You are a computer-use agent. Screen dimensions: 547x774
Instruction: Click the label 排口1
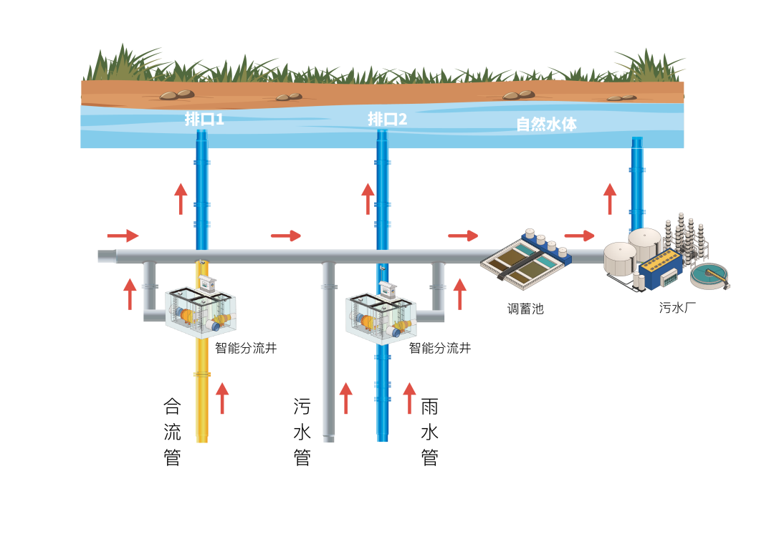204,119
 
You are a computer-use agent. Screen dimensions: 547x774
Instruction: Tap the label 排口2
387,119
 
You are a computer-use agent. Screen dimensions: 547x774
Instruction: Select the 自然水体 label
546,124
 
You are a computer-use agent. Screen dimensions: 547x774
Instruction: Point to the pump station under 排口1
201,312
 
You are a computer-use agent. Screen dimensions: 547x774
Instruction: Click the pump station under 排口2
381,318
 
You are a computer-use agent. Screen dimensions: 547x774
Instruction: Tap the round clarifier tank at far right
709,275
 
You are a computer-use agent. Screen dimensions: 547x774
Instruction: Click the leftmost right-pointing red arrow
123,236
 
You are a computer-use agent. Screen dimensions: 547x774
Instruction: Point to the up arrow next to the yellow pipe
222,398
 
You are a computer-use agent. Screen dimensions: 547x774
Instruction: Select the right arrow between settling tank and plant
579,236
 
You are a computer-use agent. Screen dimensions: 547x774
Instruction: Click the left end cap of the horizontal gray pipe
106,256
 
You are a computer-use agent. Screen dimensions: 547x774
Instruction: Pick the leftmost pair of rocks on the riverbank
177,95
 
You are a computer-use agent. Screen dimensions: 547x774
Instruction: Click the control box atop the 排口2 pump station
388,289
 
